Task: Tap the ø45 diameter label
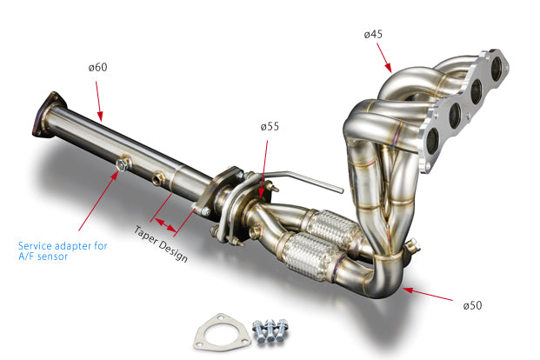click(374, 35)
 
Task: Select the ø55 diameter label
click(270, 126)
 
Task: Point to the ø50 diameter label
click(471, 305)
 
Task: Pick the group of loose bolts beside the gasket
click(269, 330)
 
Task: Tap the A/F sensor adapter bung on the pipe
click(125, 162)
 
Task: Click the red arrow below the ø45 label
click(384, 55)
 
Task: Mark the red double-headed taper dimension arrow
click(166, 217)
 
